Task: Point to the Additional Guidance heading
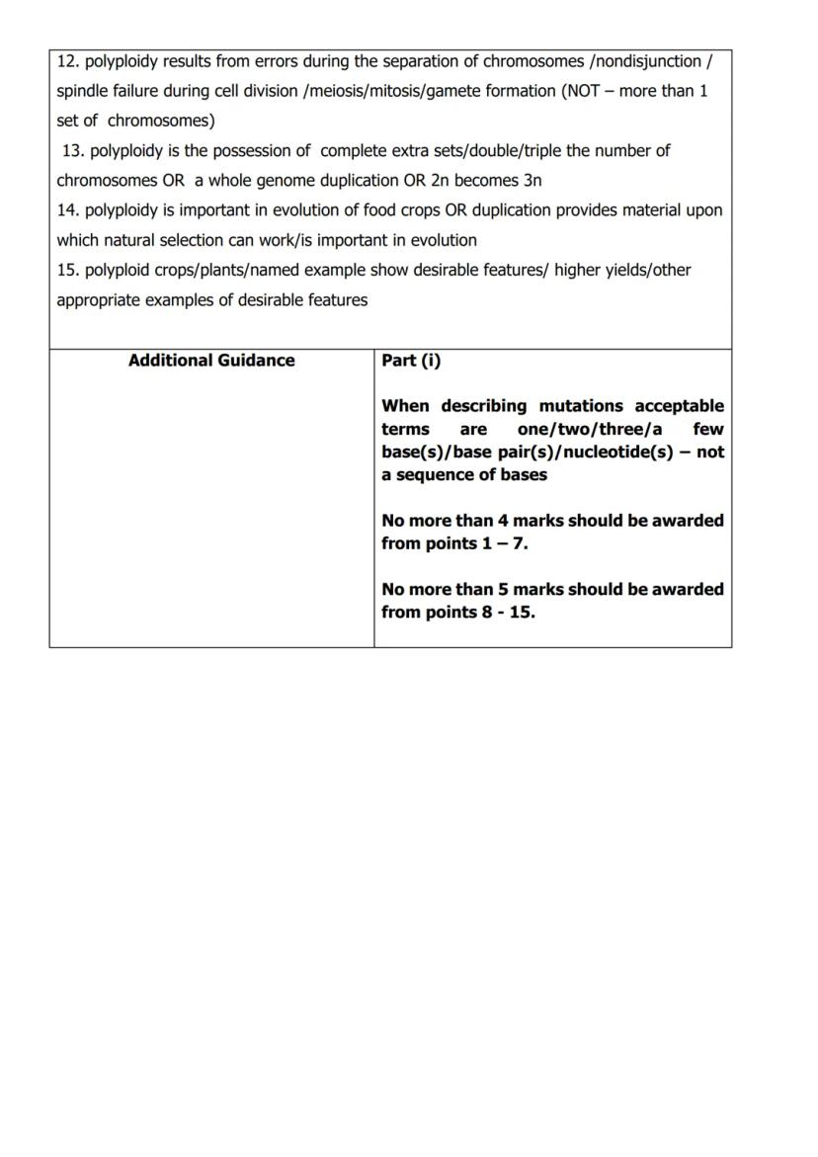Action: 211,361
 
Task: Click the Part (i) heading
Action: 411,361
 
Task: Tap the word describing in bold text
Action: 483,406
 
